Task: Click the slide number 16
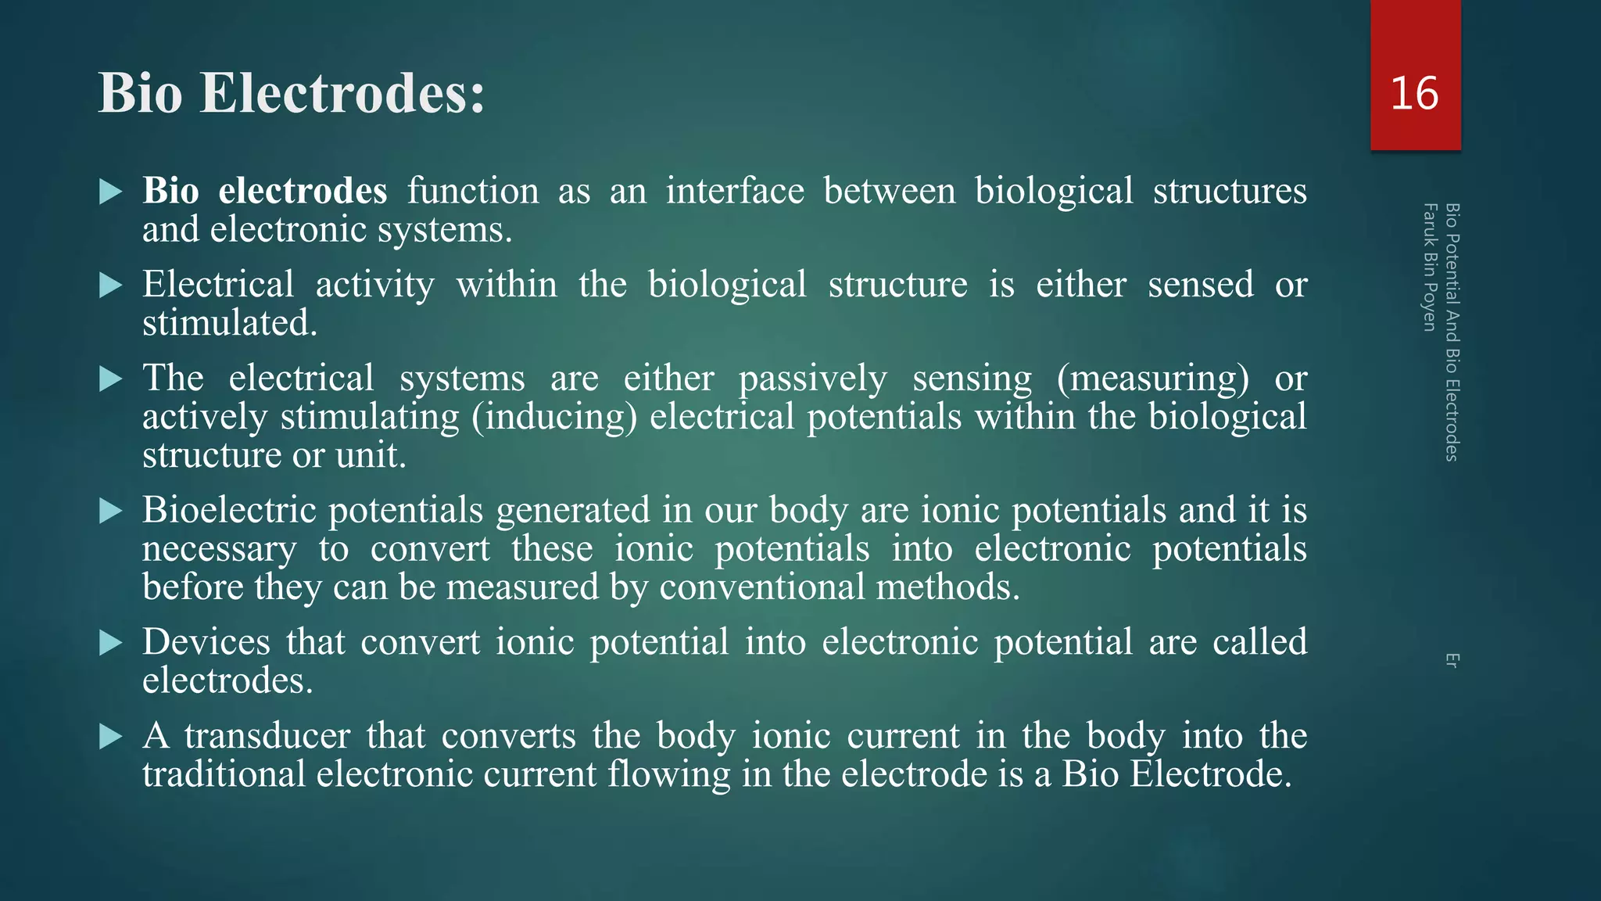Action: pyautogui.click(x=1414, y=93)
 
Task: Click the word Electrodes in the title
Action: pyautogui.click(x=342, y=93)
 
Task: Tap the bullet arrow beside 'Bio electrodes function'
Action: pyautogui.click(x=111, y=192)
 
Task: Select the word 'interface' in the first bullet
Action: pyautogui.click(x=735, y=191)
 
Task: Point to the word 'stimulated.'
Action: pyautogui.click(x=230, y=323)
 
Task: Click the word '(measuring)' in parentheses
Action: pyautogui.click(x=1153, y=379)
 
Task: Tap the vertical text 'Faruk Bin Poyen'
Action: pyautogui.click(x=1430, y=267)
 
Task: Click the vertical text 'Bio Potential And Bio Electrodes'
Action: pyautogui.click(x=1452, y=332)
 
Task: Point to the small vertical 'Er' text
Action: pyautogui.click(x=1452, y=660)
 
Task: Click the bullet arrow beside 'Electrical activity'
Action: pyautogui.click(x=111, y=285)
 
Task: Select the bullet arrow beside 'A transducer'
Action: pyautogui.click(x=111, y=737)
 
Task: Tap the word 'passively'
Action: pyautogui.click(x=813, y=379)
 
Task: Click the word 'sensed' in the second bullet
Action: pyautogui.click(x=1200, y=285)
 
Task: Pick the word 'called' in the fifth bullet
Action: pyautogui.click(x=1259, y=642)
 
